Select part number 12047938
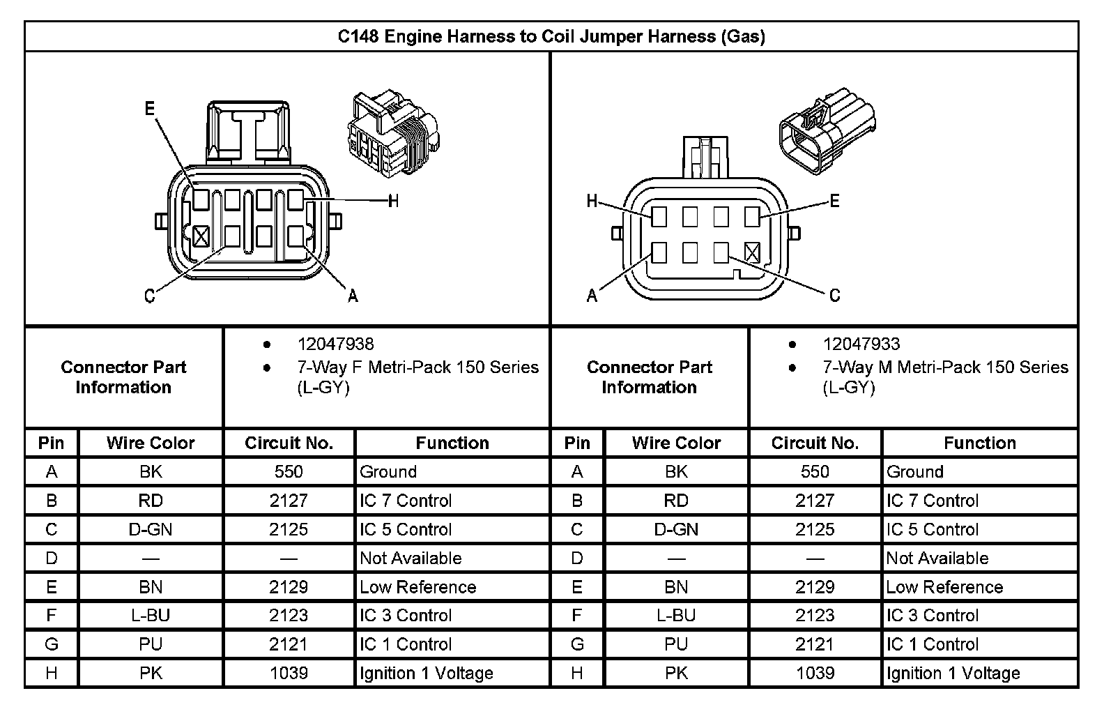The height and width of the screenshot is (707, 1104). click(335, 344)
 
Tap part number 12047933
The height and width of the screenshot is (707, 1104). click(861, 344)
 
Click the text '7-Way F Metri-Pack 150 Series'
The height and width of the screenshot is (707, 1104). click(418, 367)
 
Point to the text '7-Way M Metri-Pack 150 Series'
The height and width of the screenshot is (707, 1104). click(945, 367)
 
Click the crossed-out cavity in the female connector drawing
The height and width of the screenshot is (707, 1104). click(201, 236)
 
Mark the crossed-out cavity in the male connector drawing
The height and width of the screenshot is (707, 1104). click(752, 252)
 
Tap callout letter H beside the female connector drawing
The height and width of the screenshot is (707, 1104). click(393, 202)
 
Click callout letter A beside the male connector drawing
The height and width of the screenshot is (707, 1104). click(592, 296)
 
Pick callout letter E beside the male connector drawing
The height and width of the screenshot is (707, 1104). click(834, 202)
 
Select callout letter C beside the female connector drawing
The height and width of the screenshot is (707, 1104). click(149, 297)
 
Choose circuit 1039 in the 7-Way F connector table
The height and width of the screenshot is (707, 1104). click(289, 673)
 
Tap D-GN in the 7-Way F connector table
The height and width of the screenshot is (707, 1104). click(151, 529)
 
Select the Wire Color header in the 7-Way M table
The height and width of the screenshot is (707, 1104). click(676, 443)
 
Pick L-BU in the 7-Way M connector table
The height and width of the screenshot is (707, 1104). click(676, 616)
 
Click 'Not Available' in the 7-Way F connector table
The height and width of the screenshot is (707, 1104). click(411, 558)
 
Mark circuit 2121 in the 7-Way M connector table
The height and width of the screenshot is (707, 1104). click(815, 644)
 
